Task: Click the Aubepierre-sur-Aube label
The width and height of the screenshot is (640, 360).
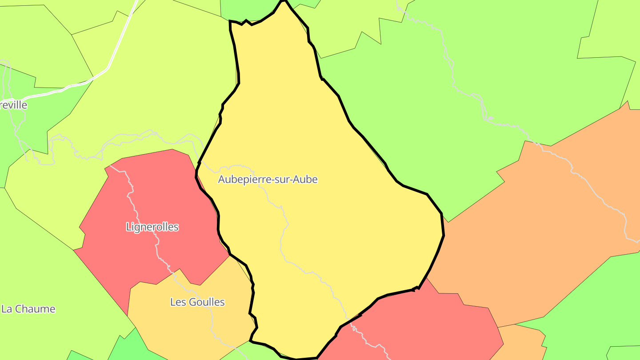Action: pyautogui.click(x=268, y=180)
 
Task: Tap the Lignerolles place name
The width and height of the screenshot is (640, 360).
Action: pyautogui.click(x=152, y=227)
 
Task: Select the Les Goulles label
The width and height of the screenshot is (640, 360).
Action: pyautogui.click(x=197, y=302)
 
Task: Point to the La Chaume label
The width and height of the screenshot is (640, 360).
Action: pyautogui.click(x=28, y=309)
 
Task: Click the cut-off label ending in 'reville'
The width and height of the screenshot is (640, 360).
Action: pyautogui.click(x=14, y=105)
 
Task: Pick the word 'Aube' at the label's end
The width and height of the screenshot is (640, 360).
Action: pyautogui.click(x=307, y=180)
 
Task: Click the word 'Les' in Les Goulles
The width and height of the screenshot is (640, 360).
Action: pyautogui.click(x=178, y=302)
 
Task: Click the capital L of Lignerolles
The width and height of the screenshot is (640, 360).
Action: pyautogui.click(x=128, y=227)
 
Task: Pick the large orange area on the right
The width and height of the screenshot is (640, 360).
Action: pyautogui.click(x=533, y=231)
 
